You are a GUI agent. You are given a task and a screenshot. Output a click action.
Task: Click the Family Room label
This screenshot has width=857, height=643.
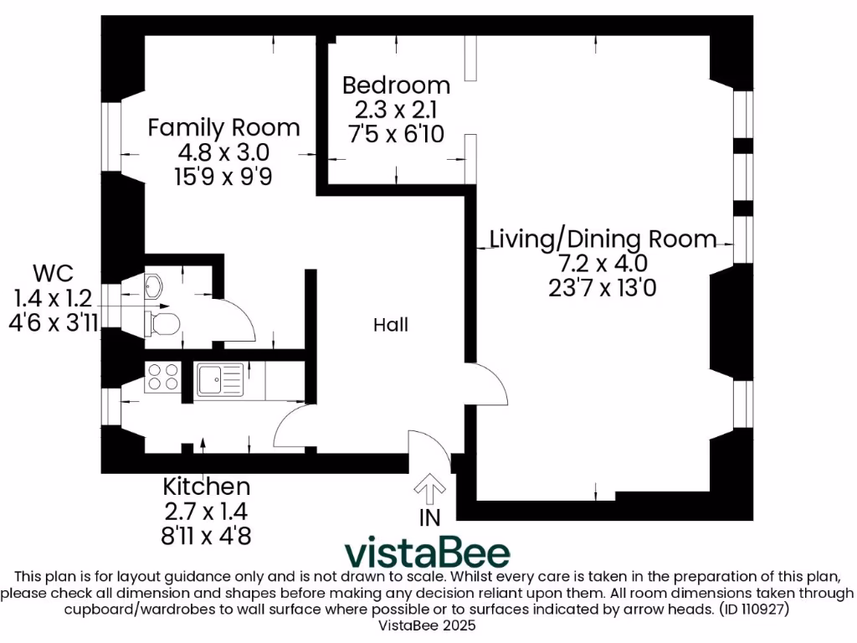[x=223, y=128]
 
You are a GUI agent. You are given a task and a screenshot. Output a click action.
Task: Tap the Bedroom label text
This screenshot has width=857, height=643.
[x=396, y=85]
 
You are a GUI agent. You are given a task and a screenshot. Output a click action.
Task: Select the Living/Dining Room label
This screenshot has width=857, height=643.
[x=603, y=239]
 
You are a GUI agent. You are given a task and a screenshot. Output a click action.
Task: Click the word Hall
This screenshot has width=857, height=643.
[x=391, y=325]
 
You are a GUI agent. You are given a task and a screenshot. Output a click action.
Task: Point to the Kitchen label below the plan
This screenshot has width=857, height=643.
[x=206, y=486]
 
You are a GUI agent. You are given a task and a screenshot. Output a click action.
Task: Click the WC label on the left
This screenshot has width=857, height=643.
[x=53, y=273]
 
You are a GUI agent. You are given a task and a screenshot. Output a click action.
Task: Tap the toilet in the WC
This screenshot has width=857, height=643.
[x=162, y=323]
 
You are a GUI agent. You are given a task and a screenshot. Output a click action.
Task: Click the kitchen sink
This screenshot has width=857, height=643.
[x=219, y=379]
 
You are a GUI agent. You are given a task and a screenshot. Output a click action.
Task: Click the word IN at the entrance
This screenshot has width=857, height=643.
[x=429, y=518]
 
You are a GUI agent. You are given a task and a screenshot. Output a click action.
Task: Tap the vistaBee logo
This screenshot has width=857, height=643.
[x=428, y=553]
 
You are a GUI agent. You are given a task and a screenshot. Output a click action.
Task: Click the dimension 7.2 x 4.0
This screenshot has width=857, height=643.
[x=603, y=263]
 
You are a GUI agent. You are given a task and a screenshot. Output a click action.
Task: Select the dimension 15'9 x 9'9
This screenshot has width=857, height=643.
[x=223, y=176]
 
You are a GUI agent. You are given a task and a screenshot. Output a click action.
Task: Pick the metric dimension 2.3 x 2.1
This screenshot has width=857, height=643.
[x=396, y=110]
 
